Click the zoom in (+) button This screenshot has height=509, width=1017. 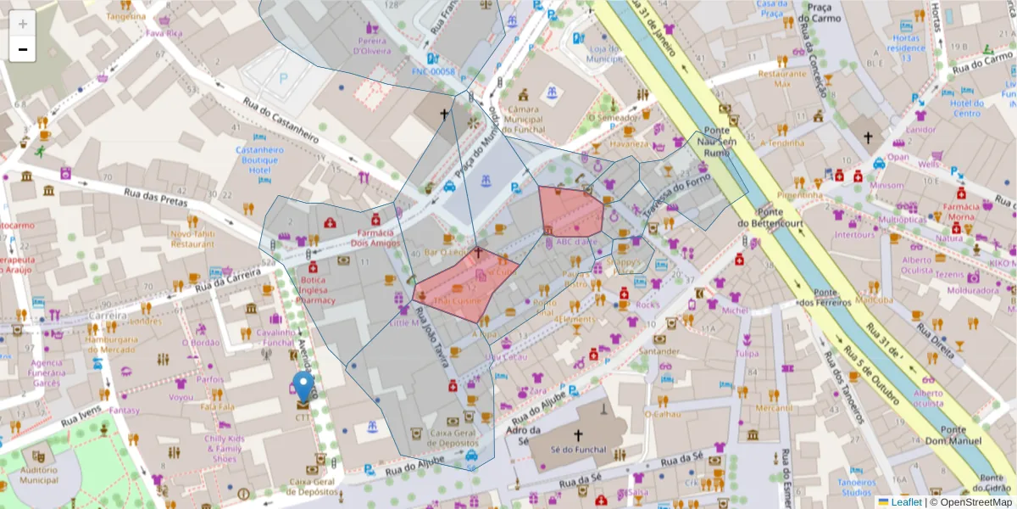23,25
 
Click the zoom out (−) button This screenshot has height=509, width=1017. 23,50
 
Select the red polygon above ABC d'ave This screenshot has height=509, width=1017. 570,211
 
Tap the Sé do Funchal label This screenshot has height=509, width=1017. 579,450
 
